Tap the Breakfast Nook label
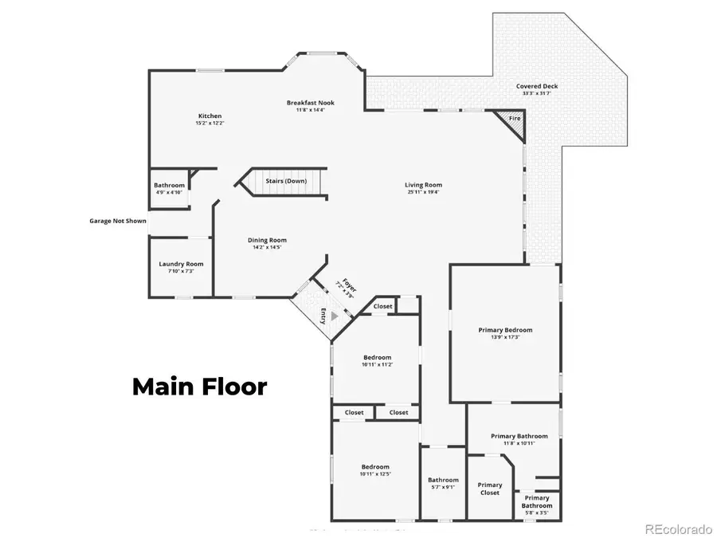pyautogui.click(x=311, y=103)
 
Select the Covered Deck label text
pyautogui.click(x=537, y=86)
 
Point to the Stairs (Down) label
pyautogui.click(x=285, y=181)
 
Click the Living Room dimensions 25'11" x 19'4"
pyautogui.click(x=422, y=192)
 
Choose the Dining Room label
pyautogui.click(x=267, y=240)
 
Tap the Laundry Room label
pyautogui.click(x=181, y=264)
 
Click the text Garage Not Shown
pyautogui.click(x=118, y=221)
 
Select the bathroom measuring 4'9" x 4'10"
pyautogui.click(x=169, y=189)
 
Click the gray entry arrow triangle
pyautogui.click(x=335, y=316)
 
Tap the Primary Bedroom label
pyautogui.click(x=505, y=330)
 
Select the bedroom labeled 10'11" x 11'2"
pyautogui.click(x=377, y=360)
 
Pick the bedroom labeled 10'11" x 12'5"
pyautogui.click(x=375, y=470)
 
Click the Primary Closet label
pyautogui.click(x=490, y=489)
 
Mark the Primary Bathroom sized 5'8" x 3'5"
pyautogui.click(x=537, y=501)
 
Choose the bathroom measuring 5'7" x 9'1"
pyautogui.click(x=443, y=484)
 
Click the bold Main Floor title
pyautogui.click(x=199, y=387)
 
